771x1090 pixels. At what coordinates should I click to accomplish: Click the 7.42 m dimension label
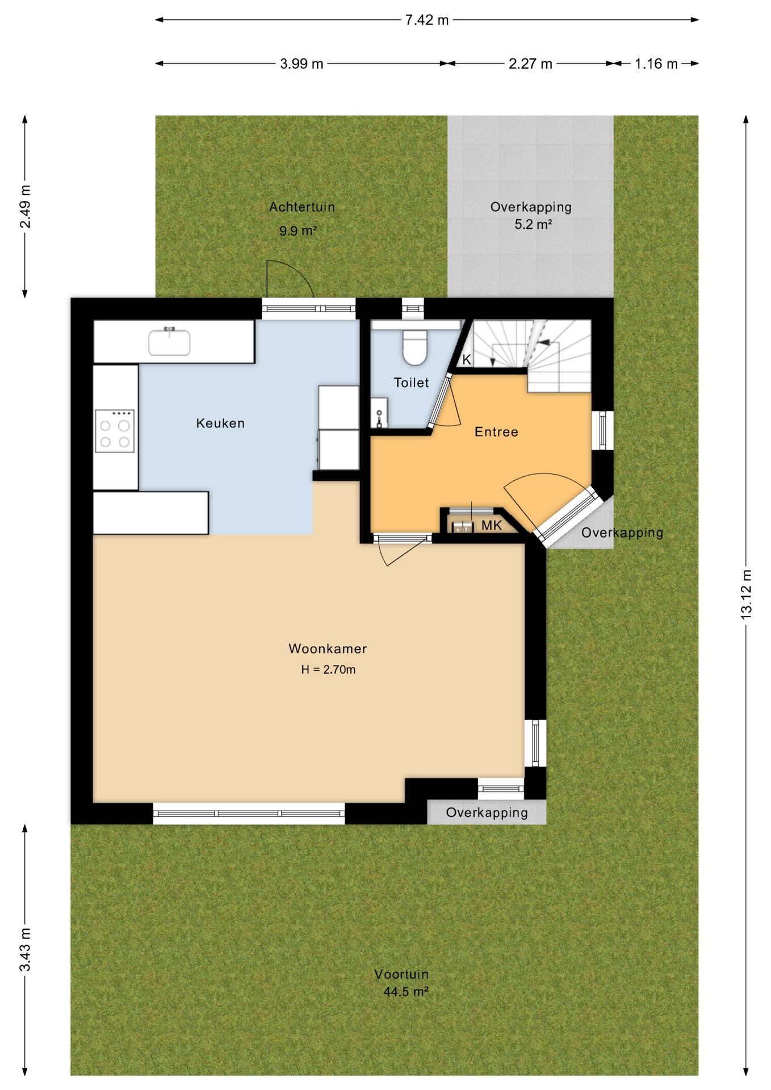pyautogui.click(x=426, y=20)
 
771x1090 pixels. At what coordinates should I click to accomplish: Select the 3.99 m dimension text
pyautogui.click(x=301, y=64)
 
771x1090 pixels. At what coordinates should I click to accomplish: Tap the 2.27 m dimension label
pyautogui.click(x=530, y=64)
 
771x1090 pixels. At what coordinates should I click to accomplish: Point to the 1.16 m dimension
pyautogui.click(x=656, y=64)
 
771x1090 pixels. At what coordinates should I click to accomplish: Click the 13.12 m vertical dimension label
pyautogui.click(x=746, y=595)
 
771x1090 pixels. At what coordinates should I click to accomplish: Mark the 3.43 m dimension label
pyautogui.click(x=25, y=950)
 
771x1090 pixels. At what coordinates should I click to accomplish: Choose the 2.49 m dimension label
pyautogui.click(x=25, y=207)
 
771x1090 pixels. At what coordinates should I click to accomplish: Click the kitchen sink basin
pyautogui.click(x=169, y=342)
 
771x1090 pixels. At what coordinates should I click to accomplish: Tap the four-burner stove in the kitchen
pyautogui.click(x=115, y=431)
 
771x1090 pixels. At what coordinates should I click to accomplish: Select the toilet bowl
pyautogui.click(x=414, y=348)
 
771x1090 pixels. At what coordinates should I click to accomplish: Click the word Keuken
pyautogui.click(x=220, y=424)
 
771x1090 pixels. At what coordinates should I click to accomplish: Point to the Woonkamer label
pyautogui.click(x=328, y=649)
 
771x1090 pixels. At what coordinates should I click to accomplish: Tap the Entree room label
pyautogui.click(x=496, y=433)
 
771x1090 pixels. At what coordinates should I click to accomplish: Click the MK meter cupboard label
pyautogui.click(x=492, y=526)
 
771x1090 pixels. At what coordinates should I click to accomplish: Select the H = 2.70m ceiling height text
pyautogui.click(x=328, y=670)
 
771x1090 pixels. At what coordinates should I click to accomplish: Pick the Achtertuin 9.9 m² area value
pyautogui.click(x=297, y=231)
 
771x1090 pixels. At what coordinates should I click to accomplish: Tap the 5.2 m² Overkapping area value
pyautogui.click(x=533, y=225)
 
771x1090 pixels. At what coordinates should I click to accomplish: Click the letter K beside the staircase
pyautogui.click(x=467, y=360)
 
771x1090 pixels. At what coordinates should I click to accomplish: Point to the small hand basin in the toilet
pyautogui.click(x=379, y=413)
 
